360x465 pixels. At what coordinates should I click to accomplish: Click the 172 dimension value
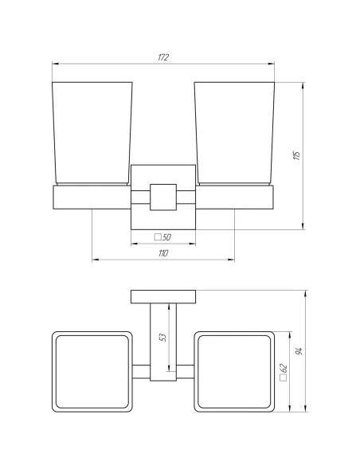pos(163,57)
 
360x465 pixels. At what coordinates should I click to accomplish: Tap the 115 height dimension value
pos(296,155)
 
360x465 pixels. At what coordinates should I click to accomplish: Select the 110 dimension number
pos(163,253)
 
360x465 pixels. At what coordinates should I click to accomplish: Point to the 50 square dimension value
pos(166,237)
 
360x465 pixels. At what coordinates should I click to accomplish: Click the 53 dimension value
pos(162,337)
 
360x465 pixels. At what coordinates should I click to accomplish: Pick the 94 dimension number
pos(299,351)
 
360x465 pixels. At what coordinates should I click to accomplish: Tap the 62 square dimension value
pos(284,369)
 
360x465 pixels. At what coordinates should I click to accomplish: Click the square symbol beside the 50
pos(158,237)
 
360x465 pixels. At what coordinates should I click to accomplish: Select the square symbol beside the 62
pos(284,377)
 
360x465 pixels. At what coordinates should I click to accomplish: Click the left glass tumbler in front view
pos(92,134)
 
